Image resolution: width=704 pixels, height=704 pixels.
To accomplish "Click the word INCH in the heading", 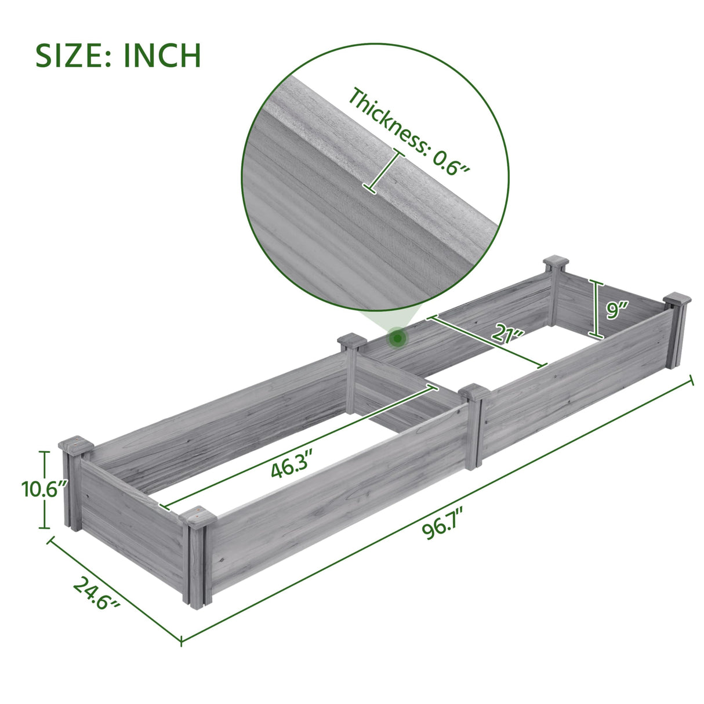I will (x=162, y=56).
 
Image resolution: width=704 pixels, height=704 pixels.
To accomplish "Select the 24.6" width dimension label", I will (x=96, y=595).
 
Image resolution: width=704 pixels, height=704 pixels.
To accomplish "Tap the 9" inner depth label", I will (x=614, y=311).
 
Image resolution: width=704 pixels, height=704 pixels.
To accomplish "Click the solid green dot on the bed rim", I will (x=397, y=337).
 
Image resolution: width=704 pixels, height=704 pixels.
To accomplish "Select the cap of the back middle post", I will (x=351, y=340).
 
